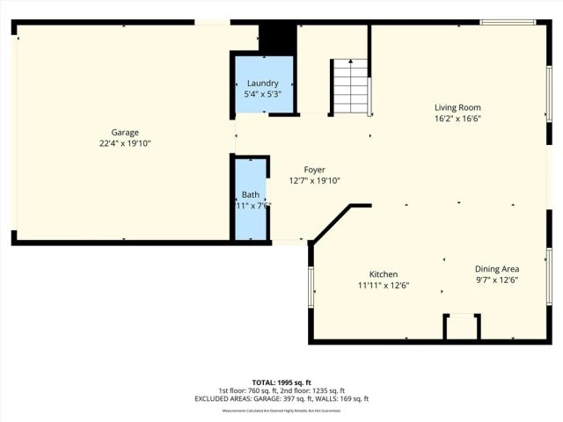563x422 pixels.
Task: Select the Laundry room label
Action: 262,84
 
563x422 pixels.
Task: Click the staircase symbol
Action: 349,86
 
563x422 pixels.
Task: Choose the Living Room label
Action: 457,108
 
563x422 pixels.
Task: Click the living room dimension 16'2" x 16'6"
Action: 457,119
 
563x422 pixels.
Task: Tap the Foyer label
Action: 314,170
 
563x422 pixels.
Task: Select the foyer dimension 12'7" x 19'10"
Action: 314,180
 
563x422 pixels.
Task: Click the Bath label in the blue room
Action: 251,194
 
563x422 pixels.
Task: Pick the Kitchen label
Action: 383,274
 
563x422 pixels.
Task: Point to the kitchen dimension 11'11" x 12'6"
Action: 383,285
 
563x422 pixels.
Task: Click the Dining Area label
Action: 497,269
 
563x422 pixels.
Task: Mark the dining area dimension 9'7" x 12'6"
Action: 497,280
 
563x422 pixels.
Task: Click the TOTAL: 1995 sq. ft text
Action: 281,382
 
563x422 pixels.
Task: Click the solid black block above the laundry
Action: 277,38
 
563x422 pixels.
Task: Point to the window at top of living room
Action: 508,22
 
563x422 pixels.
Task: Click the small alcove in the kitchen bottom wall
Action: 462,328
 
